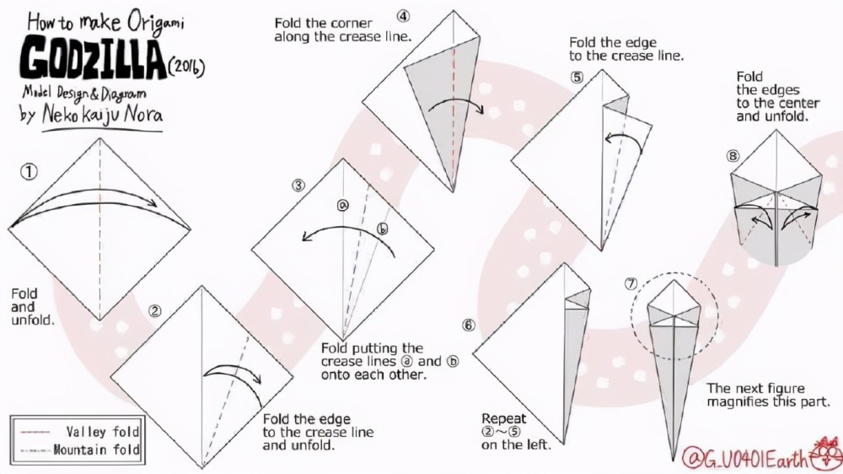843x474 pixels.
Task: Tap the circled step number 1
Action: pyautogui.click(x=29, y=172)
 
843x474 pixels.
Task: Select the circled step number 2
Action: pyautogui.click(x=155, y=311)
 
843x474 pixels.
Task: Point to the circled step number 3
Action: pyautogui.click(x=298, y=186)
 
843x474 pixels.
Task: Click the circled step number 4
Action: pyautogui.click(x=403, y=16)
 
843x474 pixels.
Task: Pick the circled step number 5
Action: pyautogui.click(x=577, y=77)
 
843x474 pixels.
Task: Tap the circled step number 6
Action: pyautogui.click(x=469, y=326)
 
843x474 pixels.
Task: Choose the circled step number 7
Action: pyautogui.click(x=631, y=283)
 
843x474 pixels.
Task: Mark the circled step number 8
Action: pyautogui.click(x=733, y=156)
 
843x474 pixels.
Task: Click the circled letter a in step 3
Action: pyautogui.click(x=342, y=205)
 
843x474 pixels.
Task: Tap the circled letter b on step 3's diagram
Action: pyautogui.click(x=382, y=229)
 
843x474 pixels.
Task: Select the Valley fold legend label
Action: pyautogui.click(x=103, y=432)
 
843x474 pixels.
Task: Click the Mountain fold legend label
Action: pyautogui.click(x=97, y=450)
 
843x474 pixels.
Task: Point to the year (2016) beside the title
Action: pyautogui.click(x=186, y=67)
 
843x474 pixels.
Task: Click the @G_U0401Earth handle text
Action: pyautogui.click(x=745, y=459)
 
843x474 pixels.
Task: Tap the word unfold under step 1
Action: pyautogui.click(x=32, y=320)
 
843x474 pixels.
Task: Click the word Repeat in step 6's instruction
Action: pyautogui.click(x=504, y=418)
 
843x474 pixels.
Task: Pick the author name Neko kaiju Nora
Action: pyautogui.click(x=102, y=115)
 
